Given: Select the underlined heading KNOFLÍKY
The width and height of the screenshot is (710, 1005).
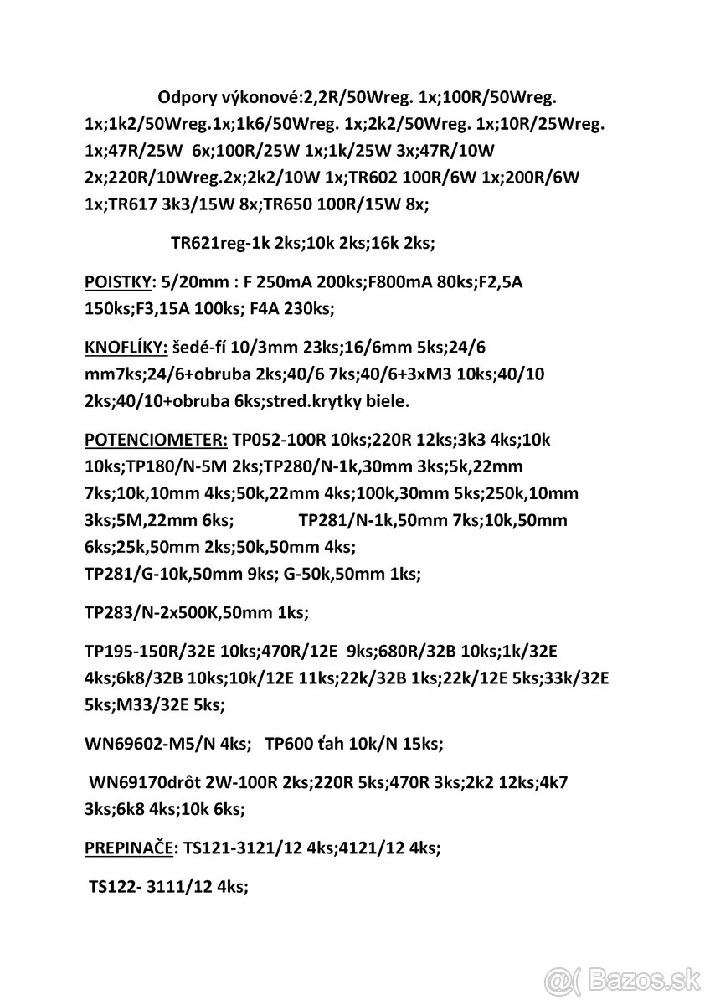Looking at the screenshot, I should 124,347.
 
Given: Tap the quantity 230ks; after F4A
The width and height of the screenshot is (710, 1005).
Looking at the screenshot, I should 306,309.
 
